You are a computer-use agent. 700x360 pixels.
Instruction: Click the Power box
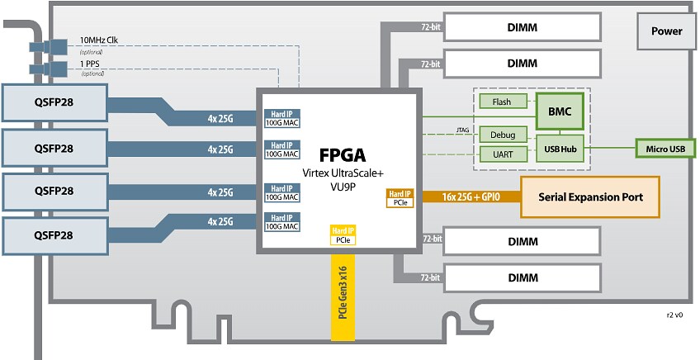[666, 31]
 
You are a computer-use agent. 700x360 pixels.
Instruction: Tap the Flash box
[501, 102]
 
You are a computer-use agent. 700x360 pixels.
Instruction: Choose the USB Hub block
[560, 149]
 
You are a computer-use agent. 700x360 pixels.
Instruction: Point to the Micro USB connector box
[665, 149]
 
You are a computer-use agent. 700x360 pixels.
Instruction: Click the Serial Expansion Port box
[590, 197]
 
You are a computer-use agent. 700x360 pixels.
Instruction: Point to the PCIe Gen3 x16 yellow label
[342, 301]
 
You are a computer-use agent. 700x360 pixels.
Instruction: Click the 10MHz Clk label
[98, 40]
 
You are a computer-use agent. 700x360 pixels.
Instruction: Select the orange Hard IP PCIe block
[400, 197]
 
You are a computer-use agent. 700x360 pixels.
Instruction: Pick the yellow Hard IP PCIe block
[343, 235]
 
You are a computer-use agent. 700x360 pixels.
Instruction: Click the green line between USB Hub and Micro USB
[610, 149]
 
